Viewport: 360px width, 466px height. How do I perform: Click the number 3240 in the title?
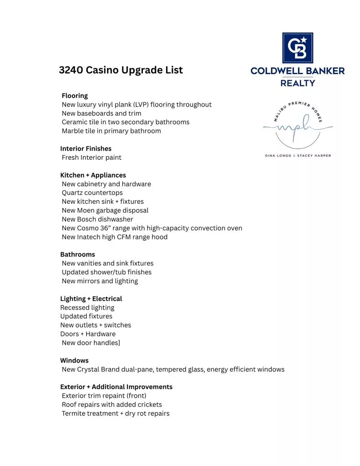click(71, 70)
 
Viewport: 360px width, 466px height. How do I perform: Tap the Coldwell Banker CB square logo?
click(297, 48)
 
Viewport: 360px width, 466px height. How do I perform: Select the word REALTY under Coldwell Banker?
click(298, 83)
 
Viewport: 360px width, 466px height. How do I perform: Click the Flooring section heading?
click(75, 96)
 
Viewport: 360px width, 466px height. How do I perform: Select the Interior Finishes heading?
click(86, 149)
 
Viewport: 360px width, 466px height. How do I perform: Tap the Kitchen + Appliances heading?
click(93, 175)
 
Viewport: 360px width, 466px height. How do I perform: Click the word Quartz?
click(73, 193)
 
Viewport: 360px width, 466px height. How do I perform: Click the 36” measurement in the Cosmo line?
click(106, 228)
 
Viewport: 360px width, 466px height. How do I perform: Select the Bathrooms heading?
click(77, 254)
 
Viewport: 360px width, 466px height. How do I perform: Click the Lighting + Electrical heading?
click(91, 299)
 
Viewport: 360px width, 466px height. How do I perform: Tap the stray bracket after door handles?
click(119, 343)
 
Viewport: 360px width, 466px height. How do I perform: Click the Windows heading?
click(74, 360)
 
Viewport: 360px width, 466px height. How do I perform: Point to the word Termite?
click(74, 414)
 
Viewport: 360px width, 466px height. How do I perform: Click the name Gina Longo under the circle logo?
click(278, 156)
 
